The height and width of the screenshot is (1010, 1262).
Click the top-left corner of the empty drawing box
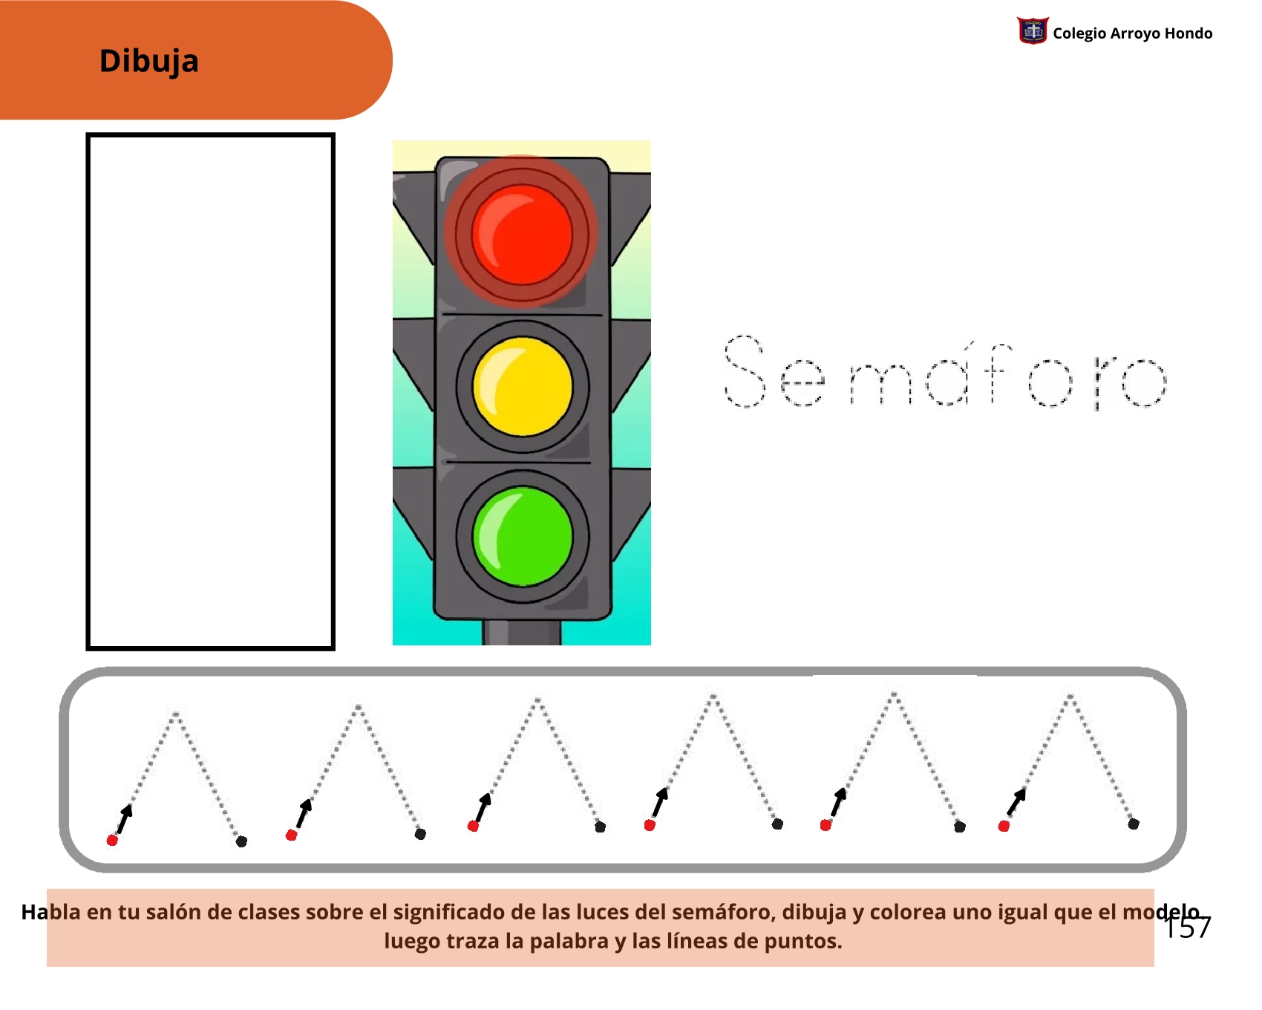coord(88,135)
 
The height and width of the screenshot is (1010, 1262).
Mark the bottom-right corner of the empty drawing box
coord(333,649)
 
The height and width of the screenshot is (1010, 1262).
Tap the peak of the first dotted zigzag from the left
coord(176,714)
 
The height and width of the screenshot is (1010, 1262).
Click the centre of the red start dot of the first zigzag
coord(112,840)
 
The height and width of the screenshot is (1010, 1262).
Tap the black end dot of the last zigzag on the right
coord(1134,824)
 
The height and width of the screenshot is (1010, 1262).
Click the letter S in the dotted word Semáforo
coord(745,371)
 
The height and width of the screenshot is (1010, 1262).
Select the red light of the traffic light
coord(522,234)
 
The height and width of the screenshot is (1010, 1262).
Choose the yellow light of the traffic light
coord(523,386)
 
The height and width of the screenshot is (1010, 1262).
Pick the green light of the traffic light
coord(523,536)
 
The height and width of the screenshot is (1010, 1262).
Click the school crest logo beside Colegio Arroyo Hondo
coord(1033,31)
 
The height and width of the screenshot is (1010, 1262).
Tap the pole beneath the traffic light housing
coord(522,632)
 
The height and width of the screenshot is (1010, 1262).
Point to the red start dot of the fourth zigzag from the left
coord(650,825)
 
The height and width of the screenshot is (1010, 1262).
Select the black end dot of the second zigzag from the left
coord(420,834)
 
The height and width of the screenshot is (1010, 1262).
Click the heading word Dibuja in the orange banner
coord(149,61)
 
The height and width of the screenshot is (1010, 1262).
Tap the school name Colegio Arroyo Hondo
coord(1133,33)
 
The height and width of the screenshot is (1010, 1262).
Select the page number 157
coord(1188,928)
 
